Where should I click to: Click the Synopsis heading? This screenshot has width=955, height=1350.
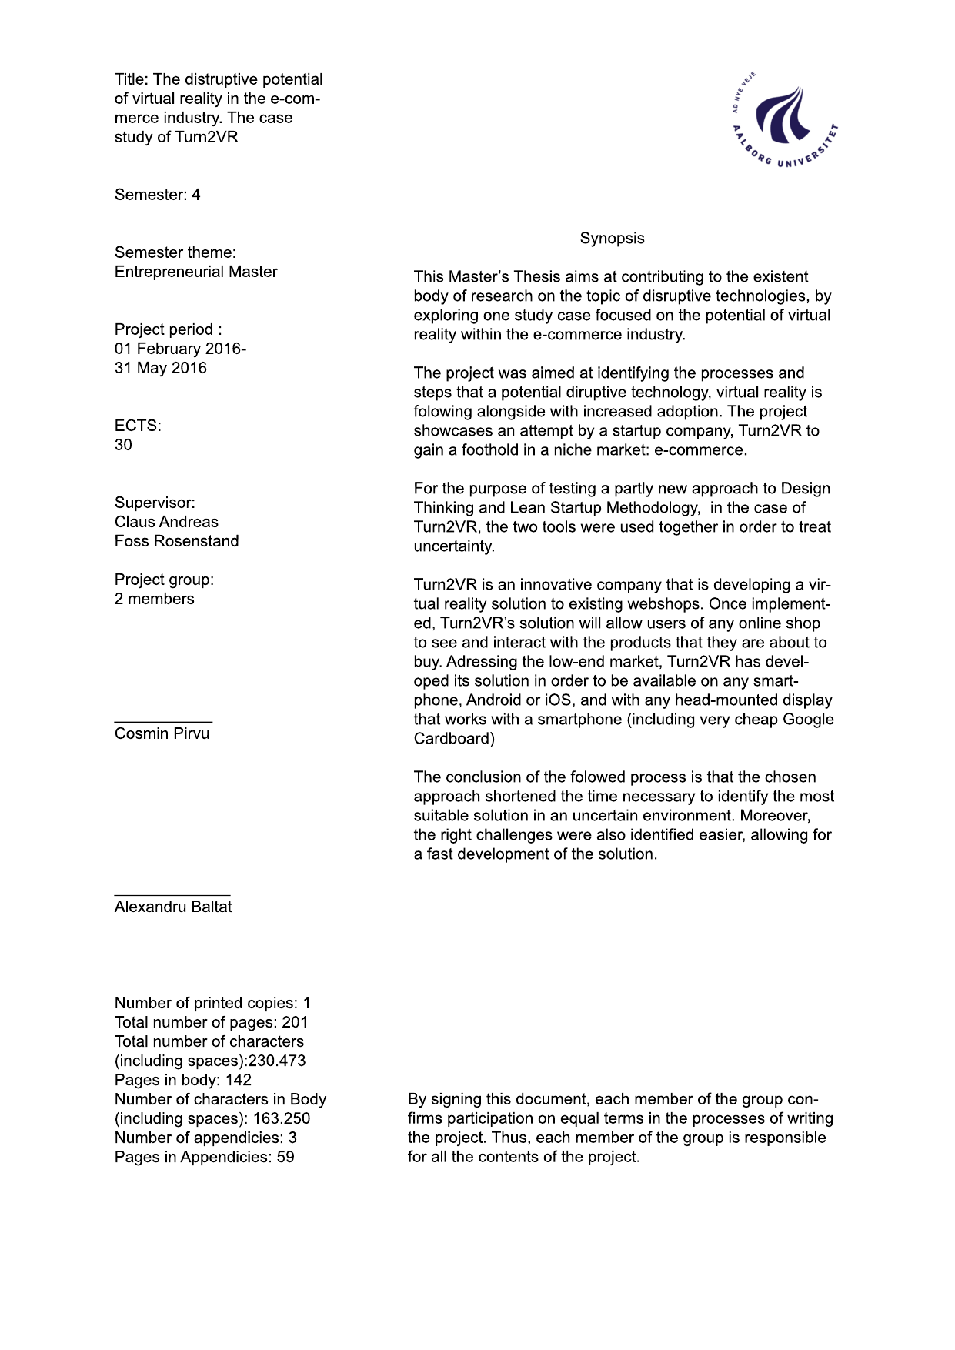(x=612, y=239)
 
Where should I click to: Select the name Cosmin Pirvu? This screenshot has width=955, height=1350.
(x=162, y=733)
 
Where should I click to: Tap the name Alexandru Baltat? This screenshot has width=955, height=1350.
(x=173, y=907)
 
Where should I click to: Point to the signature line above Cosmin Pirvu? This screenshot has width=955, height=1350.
(x=163, y=722)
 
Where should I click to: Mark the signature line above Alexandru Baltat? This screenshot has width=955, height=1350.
(x=172, y=895)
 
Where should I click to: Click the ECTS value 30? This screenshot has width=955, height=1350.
(x=123, y=445)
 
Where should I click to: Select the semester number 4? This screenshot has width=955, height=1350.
(x=196, y=195)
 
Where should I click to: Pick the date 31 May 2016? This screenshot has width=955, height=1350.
(x=161, y=368)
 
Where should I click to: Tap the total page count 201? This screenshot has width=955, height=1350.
(x=295, y=1022)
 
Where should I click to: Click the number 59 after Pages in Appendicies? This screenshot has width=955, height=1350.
(x=285, y=1157)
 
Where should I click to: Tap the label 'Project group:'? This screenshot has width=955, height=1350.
(x=164, y=580)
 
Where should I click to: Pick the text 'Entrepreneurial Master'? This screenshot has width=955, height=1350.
(x=196, y=272)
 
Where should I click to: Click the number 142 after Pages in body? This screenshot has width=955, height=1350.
(x=239, y=1080)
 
